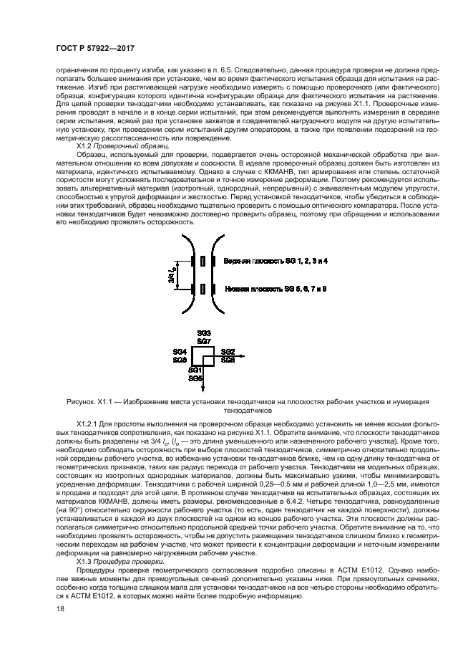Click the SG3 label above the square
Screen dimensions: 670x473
click(203, 334)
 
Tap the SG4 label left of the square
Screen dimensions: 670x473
click(180, 352)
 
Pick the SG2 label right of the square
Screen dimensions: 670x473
click(228, 352)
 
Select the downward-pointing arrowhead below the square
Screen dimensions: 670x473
click(204, 390)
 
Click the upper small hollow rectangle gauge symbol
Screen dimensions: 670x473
click(204, 262)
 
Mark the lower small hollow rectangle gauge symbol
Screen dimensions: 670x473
click(204, 289)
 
